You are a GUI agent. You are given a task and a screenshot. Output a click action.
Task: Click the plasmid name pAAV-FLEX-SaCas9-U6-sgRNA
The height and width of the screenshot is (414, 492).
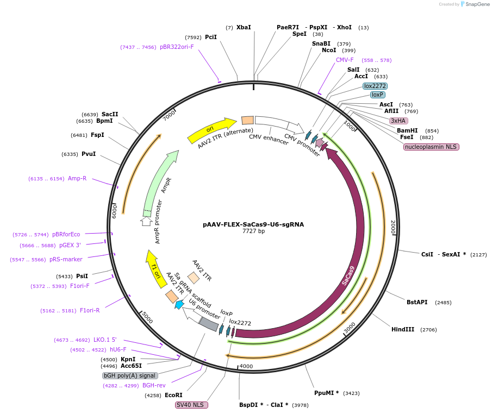coord(253,224)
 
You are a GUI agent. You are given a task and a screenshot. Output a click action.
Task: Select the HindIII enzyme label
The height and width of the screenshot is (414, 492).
coord(403,329)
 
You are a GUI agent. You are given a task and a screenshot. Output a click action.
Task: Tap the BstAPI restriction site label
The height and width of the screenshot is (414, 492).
coord(417,302)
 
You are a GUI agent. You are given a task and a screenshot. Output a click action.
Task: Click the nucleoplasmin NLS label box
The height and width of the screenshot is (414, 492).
coord(431,147)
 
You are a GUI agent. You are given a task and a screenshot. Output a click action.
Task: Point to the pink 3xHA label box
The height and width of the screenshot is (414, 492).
coord(398,121)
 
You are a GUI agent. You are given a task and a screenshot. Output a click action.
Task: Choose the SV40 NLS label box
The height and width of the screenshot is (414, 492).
coord(191,405)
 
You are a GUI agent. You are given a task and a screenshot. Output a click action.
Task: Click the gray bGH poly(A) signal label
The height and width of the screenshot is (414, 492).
coord(130,375)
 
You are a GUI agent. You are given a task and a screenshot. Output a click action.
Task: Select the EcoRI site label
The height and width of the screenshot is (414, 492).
coord(173,395)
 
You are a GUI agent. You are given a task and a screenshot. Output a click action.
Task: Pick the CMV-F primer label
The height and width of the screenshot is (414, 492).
coord(345,60)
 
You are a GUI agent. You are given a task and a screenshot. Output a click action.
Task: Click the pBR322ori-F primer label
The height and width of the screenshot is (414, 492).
coord(177,47)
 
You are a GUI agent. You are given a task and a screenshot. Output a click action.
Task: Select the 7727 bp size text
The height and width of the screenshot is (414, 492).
coord(253,231)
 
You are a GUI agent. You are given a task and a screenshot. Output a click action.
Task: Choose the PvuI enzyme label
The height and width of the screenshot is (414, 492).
coord(88,154)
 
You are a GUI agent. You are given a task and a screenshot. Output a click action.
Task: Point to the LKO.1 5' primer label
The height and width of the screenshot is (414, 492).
coord(105,340)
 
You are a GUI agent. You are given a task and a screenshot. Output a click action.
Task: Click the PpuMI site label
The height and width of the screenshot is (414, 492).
coord(326,393)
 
